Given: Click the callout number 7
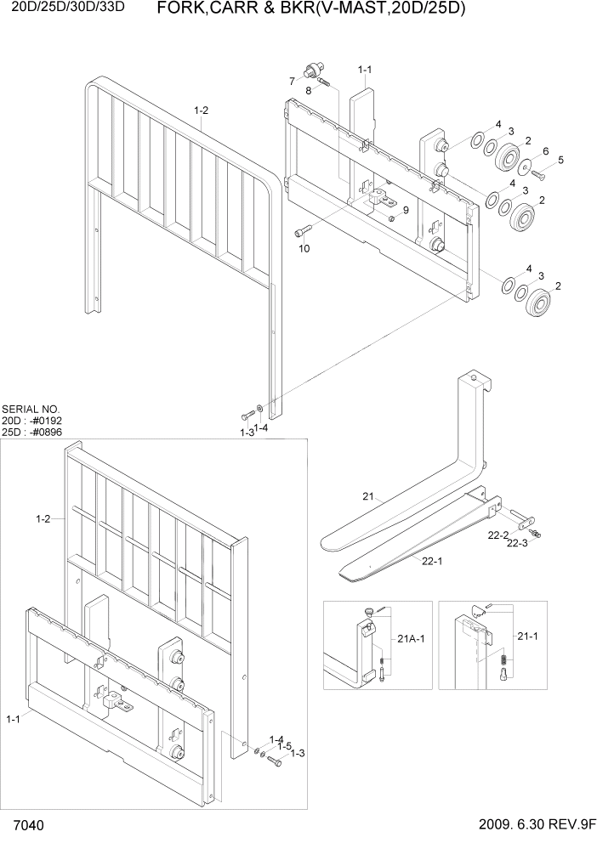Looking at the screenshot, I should (x=291, y=82).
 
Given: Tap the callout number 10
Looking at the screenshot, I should (x=304, y=249).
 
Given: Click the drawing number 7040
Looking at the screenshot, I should (x=28, y=826).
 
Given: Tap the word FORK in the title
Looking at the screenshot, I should (x=184, y=9).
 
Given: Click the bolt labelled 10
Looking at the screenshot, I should (x=304, y=230).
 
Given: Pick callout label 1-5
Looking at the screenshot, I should (x=284, y=745).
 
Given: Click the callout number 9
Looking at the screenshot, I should (x=406, y=211).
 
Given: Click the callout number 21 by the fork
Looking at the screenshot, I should (x=368, y=496).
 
